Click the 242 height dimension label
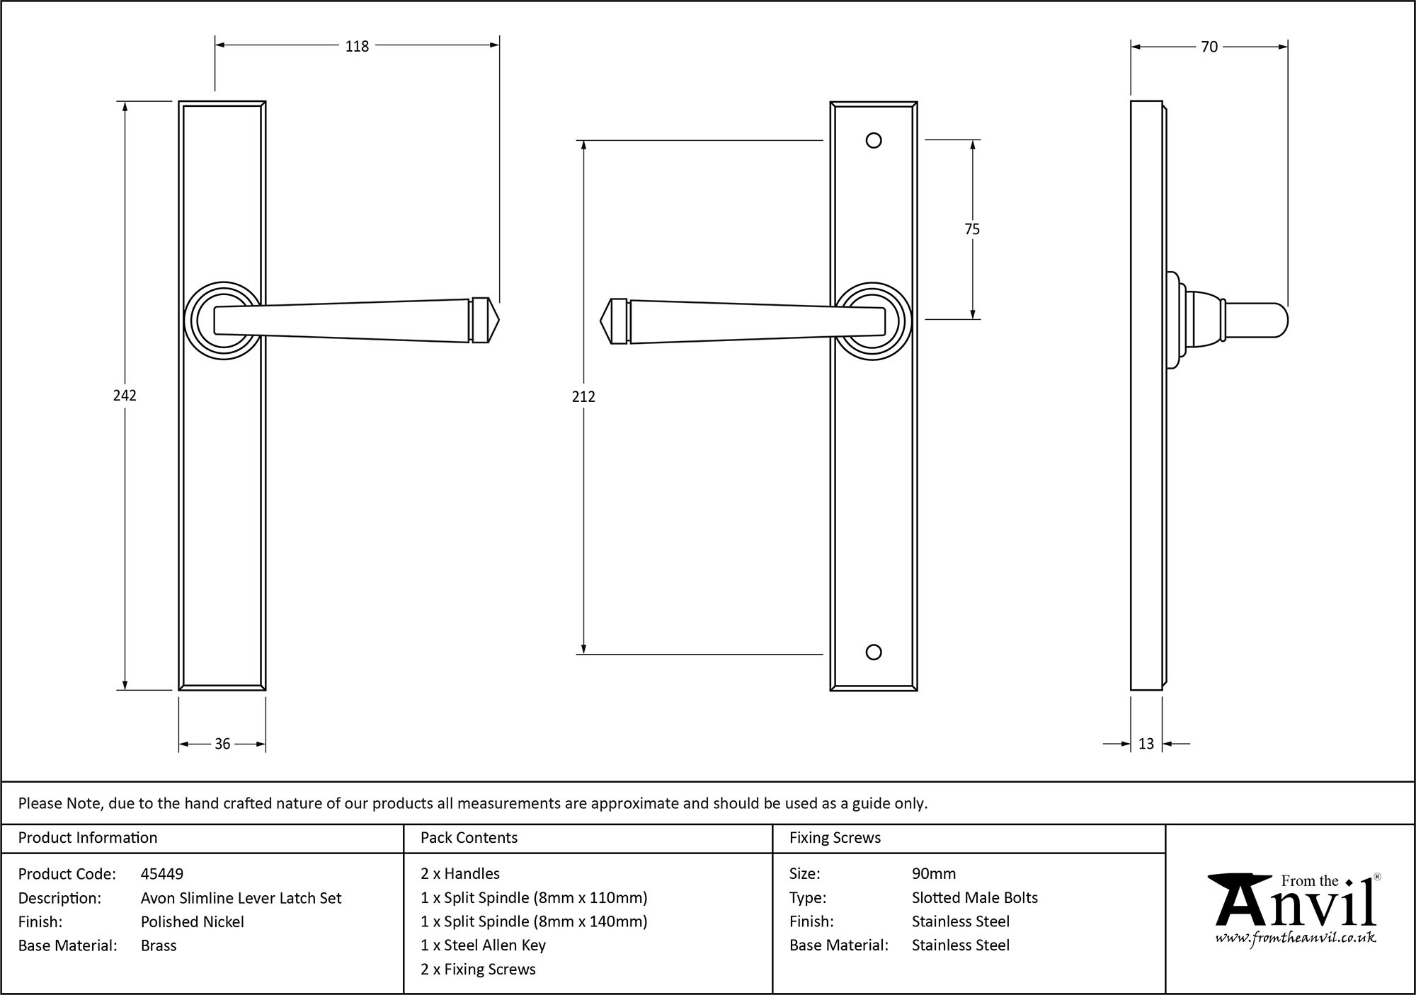click(x=125, y=396)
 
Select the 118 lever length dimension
click(x=357, y=46)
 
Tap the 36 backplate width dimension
click(x=222, y=744)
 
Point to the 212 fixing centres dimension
click(x=583, y=397)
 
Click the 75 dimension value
click(x=972, y=229)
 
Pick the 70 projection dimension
click(x=1209, y=47)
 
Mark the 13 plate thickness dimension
click(x=1146, y=744)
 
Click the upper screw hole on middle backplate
click(x=874, y=140)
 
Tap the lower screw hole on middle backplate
click(x=874, y=652)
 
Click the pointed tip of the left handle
click(x=496, y=321)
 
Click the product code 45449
click(x=162, y=874)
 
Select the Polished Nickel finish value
click(x=193, y=921)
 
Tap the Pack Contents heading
click(x=469, y=838)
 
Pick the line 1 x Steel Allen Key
click(x=483, y=945)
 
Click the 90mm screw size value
click(x=934, y=874)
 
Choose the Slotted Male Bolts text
click(x=974, y=898)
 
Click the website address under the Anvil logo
click(x=1296, y=938)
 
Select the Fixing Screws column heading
click(x=835, y=838)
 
